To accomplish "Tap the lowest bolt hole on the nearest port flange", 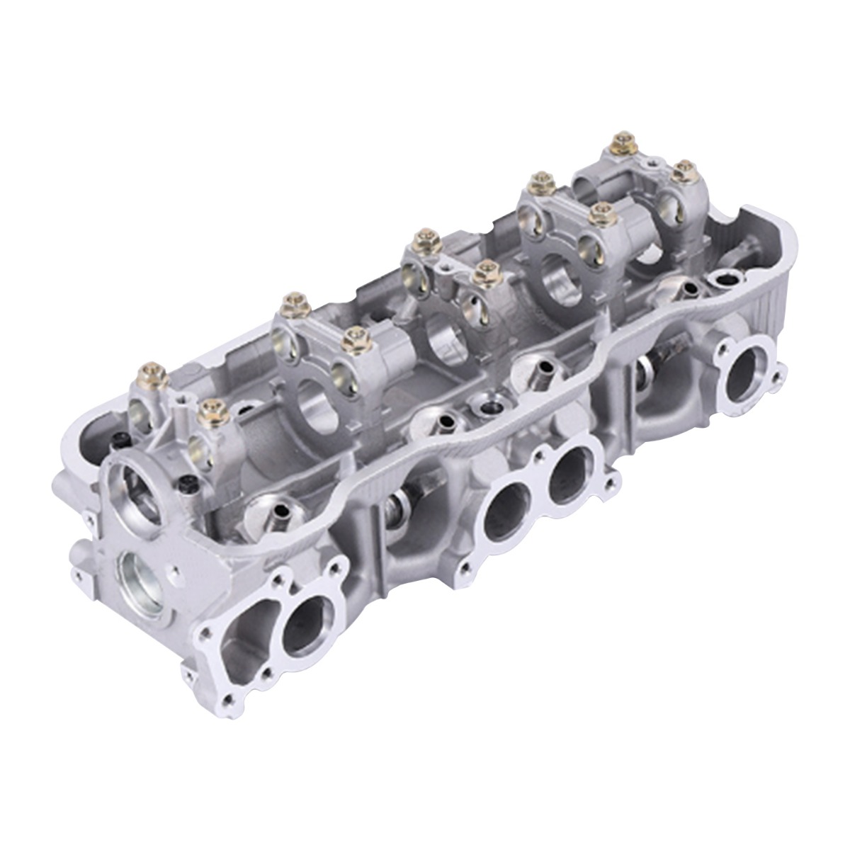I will (x=228, y=701).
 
